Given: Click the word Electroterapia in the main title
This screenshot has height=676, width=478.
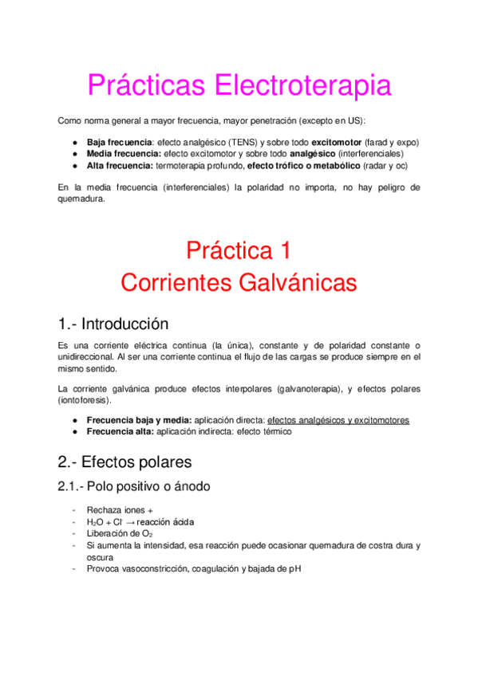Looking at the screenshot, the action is [x=301, y=85].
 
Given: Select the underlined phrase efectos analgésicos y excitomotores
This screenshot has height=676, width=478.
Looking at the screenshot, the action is [x=338, y=419].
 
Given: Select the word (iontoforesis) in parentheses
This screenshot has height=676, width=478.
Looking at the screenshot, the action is [x=85, y=400].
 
